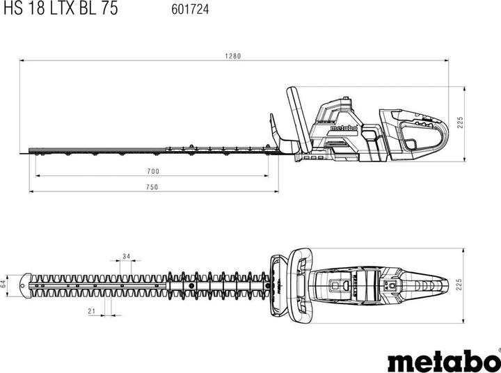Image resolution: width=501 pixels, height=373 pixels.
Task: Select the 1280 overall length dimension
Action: [233, 56]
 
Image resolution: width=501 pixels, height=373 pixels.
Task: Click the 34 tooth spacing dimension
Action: [126, 256]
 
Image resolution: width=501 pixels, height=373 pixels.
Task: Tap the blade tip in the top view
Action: [26, 284]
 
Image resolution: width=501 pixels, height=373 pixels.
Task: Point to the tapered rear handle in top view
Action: [431, 284]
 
